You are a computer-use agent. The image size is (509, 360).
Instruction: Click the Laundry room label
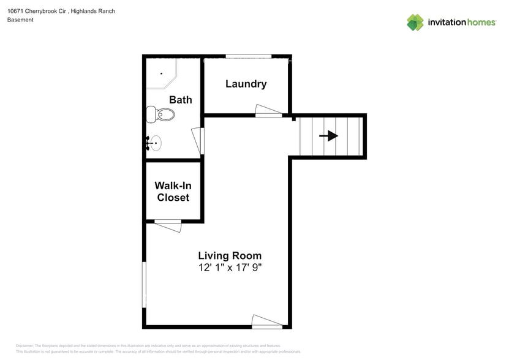(246, 84)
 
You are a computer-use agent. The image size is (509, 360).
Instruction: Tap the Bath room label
(180, 100)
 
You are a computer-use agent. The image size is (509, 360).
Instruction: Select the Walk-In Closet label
(173, 191)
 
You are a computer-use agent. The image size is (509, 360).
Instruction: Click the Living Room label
(229, 255)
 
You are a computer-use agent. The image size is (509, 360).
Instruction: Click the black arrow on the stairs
(329, 135)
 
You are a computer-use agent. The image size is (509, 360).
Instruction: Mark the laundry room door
(268, 111)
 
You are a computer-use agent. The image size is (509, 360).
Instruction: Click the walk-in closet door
(168, 225)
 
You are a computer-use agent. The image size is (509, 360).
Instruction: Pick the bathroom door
(197, 141)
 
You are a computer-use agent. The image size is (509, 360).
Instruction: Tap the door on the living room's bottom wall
(267, 321)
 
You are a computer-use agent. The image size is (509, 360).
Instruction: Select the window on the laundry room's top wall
(249, 56)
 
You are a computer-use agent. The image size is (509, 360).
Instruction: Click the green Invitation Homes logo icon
(415, 23)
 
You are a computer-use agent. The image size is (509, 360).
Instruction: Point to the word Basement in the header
(20, 20)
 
